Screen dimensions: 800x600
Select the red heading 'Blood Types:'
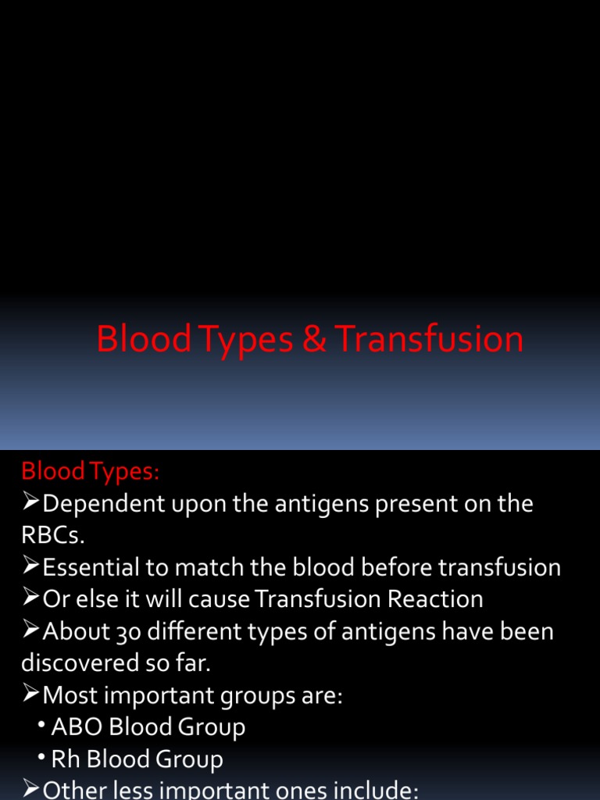pos(90,471)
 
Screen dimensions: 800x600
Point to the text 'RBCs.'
pos(52,535)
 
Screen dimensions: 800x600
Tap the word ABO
pos(77,727)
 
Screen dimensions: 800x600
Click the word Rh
pos(66,759)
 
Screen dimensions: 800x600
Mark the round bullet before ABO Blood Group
pos(41,725)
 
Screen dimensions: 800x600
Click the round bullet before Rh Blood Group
pos(41,757)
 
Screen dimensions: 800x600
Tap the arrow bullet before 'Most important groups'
pos(31,695)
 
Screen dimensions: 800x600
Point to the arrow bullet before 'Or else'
pos(31,599)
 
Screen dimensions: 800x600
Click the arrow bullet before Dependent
pos(31,504)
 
